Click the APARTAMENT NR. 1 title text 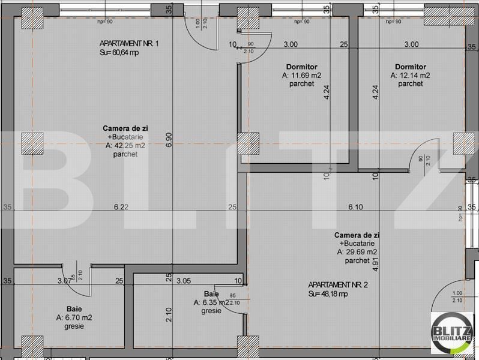tap(128, 44)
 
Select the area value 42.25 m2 tap(125, 145)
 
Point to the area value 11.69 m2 tap(301, 76)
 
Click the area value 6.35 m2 tap(211, 303)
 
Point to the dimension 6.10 tap(356, 207)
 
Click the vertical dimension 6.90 tap(169, 139)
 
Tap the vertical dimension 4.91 tap(375, 262)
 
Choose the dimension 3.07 tap(63, 280)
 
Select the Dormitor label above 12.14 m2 tap(411, 67)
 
